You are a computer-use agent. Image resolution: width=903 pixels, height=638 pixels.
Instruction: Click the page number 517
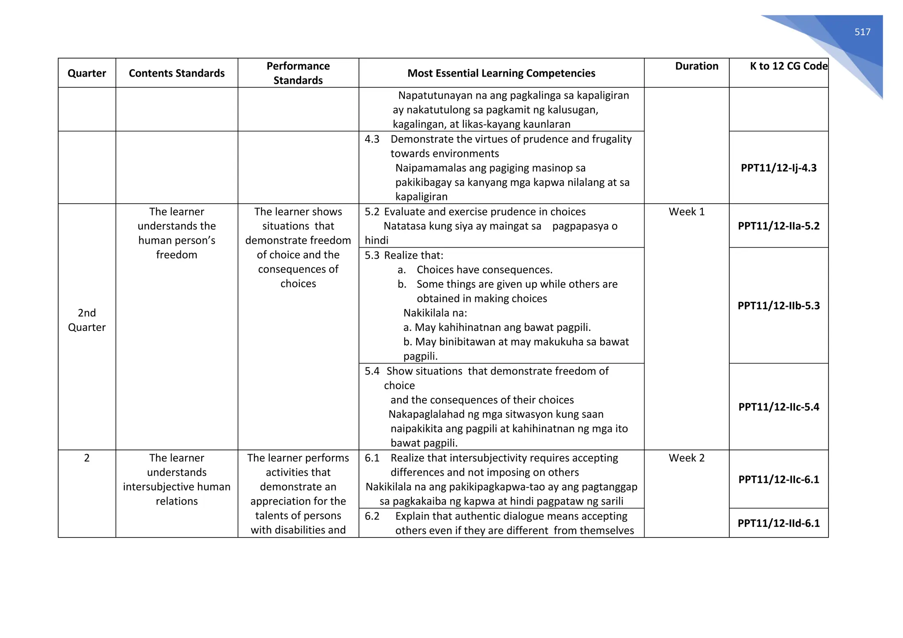pyautogui.click(x=862, y=32)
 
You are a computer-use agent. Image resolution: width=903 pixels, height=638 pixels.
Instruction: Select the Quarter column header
pyautogui.click(x=86, y=73)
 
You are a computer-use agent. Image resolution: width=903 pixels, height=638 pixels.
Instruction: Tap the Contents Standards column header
pyautogui.click(x=176, y=73)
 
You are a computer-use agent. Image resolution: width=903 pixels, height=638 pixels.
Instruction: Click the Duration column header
pyautogui.click(x=696, y=66)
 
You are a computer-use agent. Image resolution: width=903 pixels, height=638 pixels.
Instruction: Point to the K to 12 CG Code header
pyautogui.click(x=788, y=66)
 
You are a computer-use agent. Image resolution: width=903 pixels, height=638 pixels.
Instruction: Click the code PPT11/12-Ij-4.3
pyautogui.click(x=778, y=168)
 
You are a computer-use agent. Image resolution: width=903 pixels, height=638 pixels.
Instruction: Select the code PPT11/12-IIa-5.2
pyautogui.click(x=778, y=226)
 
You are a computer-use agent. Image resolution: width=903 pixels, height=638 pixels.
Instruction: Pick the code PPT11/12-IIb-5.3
pyautogui.click(x=778, y=306)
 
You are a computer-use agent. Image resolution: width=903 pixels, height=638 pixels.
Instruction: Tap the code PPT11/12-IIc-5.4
pyautogui.click(x=778, y=407)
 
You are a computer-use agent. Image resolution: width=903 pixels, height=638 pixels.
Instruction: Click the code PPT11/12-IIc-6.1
pyautogui.click(x=778, y=479)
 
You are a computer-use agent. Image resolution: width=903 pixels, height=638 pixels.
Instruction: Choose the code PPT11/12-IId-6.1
pyautogui.click(x=778, y=523)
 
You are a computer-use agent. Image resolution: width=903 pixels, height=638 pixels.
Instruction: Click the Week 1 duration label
pyautogui.click(x=687, y=212)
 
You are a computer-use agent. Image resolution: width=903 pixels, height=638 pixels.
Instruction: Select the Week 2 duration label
pyautogui.click(x=687, y=458)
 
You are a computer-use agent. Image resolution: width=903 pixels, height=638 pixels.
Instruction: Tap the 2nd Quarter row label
pyautogui.click(x=86, y=320)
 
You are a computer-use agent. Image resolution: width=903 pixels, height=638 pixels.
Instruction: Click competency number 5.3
pyautogui.click(x=372, y=256)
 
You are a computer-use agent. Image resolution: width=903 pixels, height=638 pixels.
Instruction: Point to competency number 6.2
pyautogui.click(x=372, y=516)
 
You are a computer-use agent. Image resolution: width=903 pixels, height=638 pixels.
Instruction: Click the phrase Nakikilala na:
pyautogui.click(x=435, y=313)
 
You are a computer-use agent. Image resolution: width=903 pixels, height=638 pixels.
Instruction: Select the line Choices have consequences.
pyautogui.click(x=484, y=270)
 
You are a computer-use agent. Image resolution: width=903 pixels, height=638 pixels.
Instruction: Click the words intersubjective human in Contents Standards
pyautogui.click(x=176, y=487)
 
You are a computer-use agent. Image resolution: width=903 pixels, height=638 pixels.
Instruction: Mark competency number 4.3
pyautogui.click(x=372, y=139)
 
